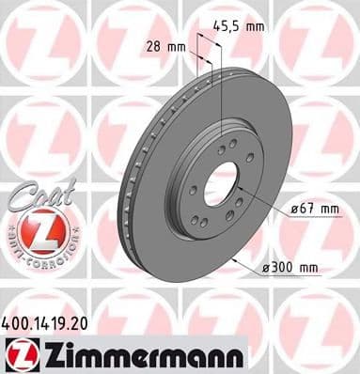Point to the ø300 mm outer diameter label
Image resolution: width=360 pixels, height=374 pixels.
(x=292, y=268)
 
